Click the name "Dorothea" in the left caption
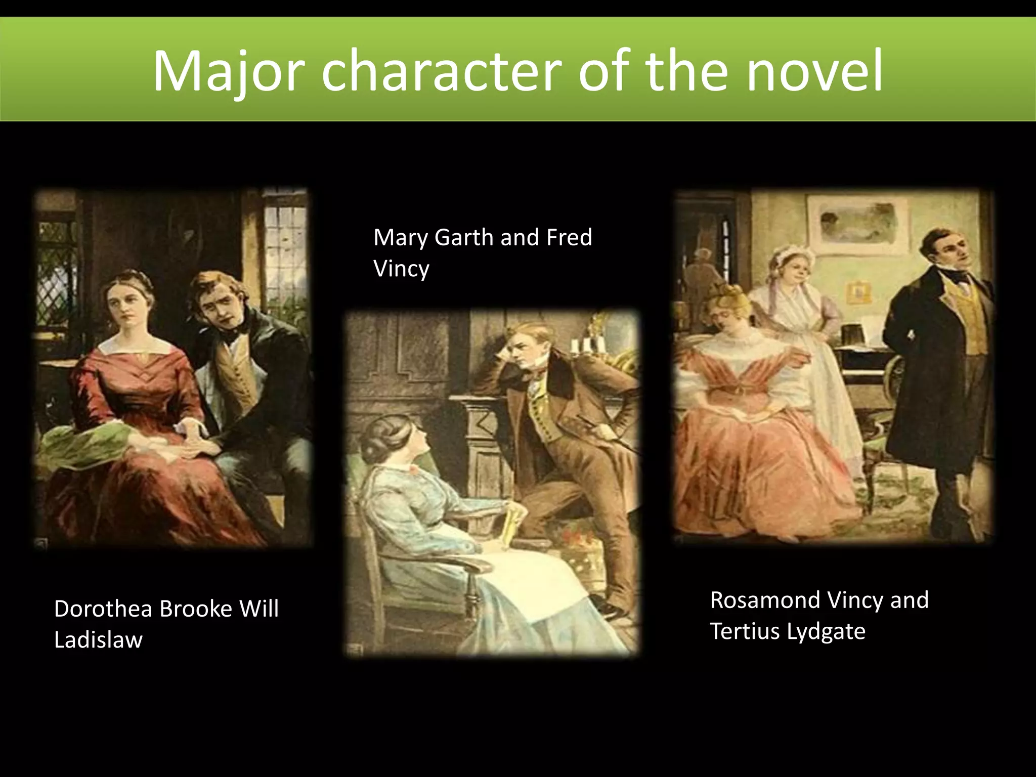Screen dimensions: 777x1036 coord(103,609)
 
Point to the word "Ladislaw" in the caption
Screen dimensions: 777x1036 coord(99,640)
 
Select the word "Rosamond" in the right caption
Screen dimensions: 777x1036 coord(765,600)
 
